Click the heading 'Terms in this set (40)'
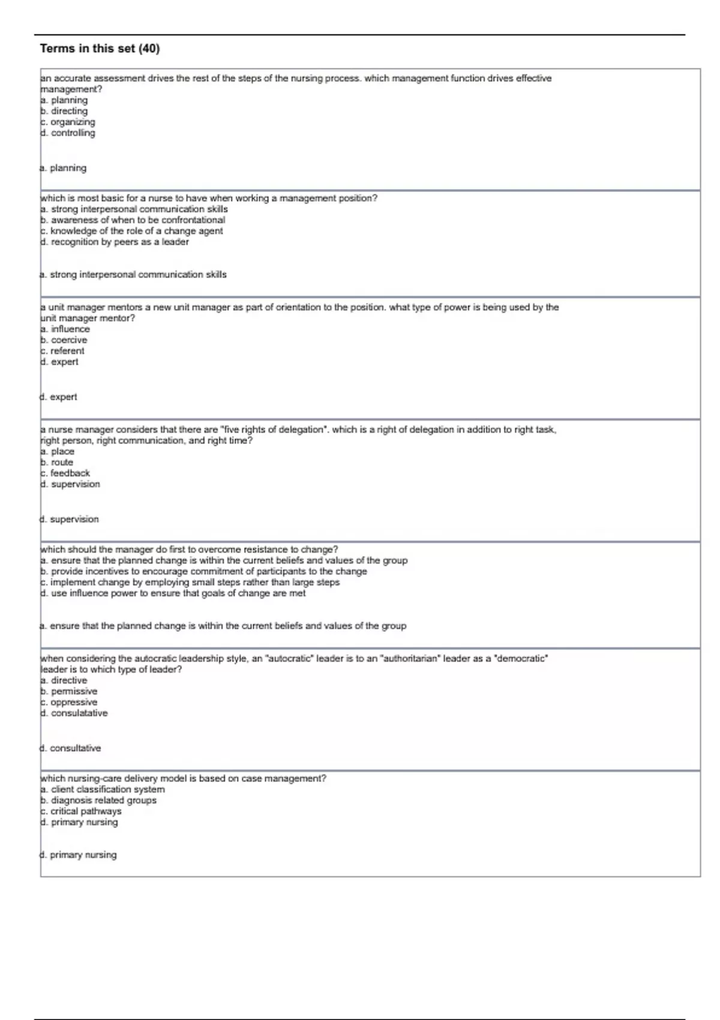(x=100, y=49)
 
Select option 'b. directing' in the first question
(x=64, y=111)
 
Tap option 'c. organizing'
(x=68, y=122)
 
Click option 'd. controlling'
(x=68, y=133)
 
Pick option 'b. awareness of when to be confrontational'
(x=133, y=220)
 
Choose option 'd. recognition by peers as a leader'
(x=115, y=242)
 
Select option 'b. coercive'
(x=64, y=340)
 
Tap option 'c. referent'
(x=62, y=351)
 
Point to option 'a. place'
(x=58, y=451)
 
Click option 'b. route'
(x=57, y=462)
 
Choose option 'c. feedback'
(x=65, y=473)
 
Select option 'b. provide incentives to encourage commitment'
(x=203, y=571)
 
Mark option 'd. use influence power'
(x=173, y=593)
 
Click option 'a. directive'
(x=64, y=680)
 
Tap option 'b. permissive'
(x=68, y=691)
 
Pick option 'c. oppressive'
(x=68, y=702)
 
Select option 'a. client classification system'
(x=103, y=790)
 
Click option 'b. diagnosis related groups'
(x=98, y=800)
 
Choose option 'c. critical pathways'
(x=81, y=811)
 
